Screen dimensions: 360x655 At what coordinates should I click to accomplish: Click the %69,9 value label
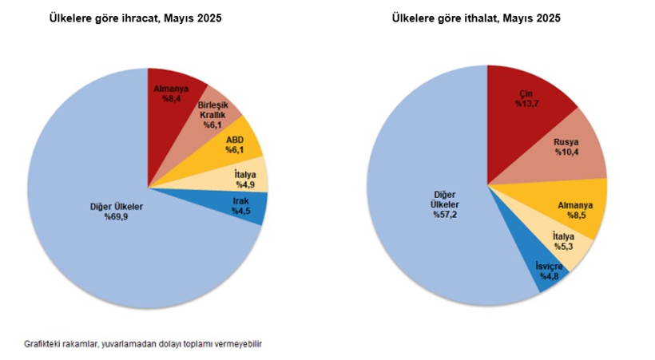[116, 217]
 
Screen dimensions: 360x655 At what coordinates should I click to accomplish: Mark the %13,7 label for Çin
[528, 104]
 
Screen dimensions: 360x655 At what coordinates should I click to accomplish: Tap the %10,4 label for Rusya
[566, 153]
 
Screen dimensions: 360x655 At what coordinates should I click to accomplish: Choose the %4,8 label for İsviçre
[550, 276]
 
